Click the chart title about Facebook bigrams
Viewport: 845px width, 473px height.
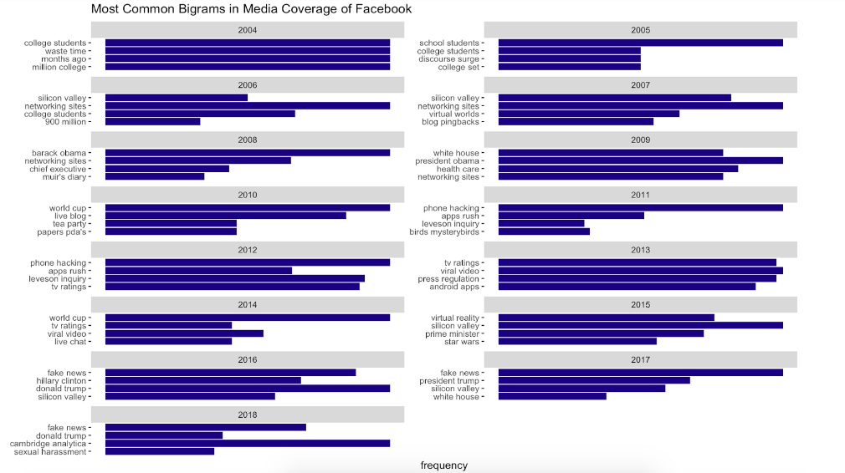pos(251,9)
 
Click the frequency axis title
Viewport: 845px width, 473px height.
pos(443,465)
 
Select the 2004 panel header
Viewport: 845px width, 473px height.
pos(248,30)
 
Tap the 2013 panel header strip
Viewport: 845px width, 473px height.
pos(641,250)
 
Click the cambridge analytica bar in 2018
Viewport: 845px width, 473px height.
pos(248,443)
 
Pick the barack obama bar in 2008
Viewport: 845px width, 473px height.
pos(248,153)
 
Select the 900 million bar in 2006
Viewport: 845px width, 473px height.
pos(152,122)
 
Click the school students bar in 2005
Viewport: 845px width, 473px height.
pos(641,43)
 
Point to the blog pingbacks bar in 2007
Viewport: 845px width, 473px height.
pos(576,122)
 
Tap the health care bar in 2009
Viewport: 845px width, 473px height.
pos(618,169)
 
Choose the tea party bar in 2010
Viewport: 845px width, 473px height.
pos(171,224)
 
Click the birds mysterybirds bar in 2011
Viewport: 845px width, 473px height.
pos(544,231)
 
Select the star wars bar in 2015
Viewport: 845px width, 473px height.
pos(577,342)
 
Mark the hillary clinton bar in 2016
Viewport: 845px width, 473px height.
pos(202,380)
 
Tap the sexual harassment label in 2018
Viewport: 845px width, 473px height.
pos(49,451)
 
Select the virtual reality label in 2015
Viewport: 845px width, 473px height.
pos(455,318)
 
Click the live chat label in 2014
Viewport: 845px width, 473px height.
pos(70,342)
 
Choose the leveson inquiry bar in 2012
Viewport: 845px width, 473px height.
pos(234,279)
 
